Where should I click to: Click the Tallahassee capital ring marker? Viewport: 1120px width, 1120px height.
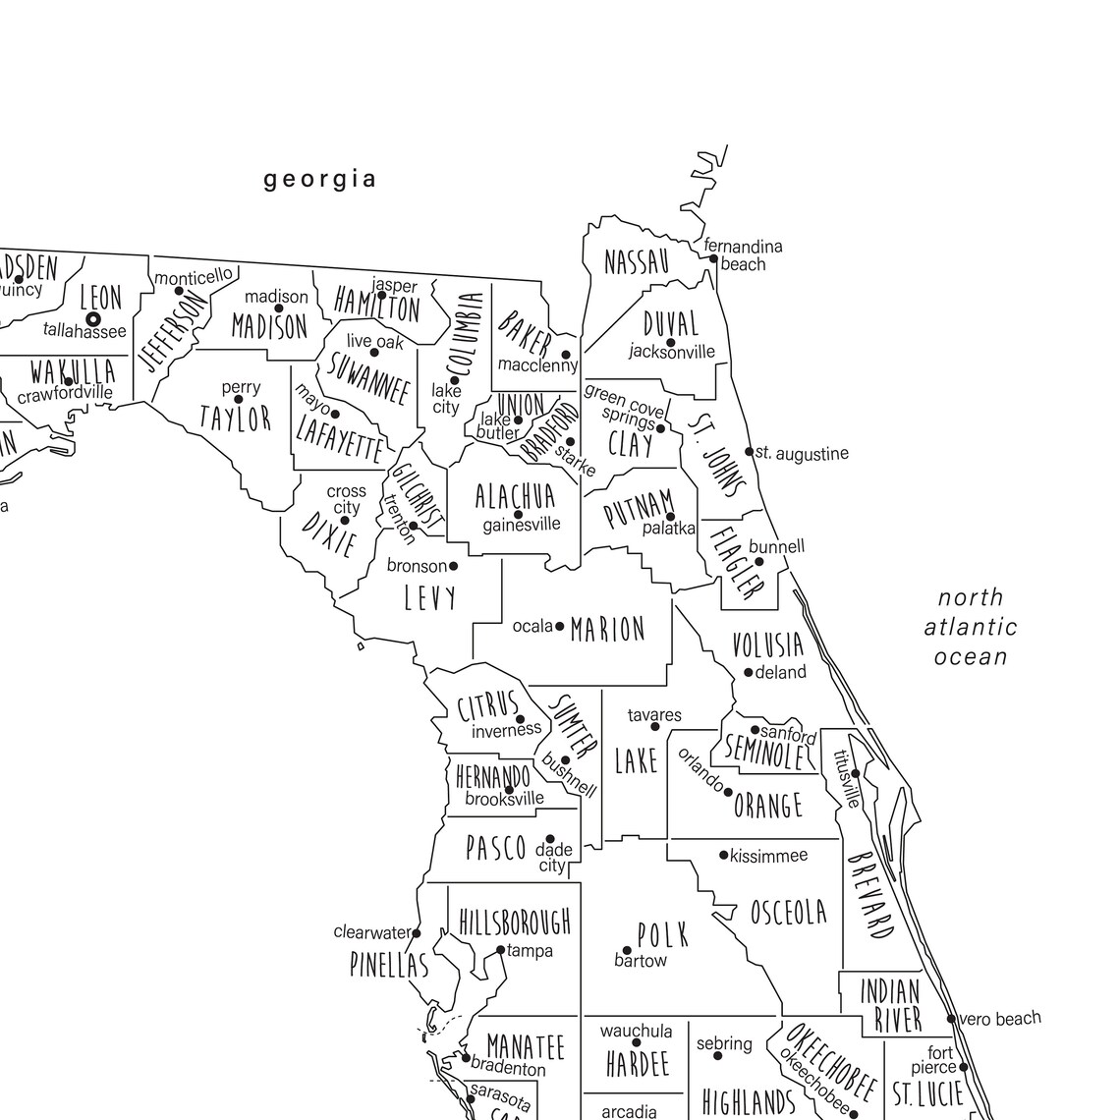93,319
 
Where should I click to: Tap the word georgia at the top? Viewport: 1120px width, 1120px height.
320,179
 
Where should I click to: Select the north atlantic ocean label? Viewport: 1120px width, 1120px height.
971,627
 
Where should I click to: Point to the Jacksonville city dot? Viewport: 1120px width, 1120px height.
671,343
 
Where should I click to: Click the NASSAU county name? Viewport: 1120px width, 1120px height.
637,262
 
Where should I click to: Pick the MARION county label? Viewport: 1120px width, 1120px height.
607,629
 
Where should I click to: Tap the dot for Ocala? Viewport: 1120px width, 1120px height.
560,626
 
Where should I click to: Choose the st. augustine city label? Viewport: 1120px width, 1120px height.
802,454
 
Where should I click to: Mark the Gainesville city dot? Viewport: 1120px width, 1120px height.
518,515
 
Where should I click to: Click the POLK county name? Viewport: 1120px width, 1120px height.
663,934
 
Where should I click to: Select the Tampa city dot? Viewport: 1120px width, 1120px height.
500,950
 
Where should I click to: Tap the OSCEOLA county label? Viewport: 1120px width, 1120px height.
789,913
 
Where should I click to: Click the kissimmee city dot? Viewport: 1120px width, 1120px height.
724,856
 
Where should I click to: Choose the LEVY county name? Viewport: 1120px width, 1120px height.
430,596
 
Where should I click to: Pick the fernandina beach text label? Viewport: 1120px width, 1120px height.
744,254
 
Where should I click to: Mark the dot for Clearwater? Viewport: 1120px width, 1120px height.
417,932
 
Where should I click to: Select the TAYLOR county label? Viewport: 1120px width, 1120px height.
235,419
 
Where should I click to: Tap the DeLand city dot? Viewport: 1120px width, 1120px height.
749,673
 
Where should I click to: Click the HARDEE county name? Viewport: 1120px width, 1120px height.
637,1063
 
